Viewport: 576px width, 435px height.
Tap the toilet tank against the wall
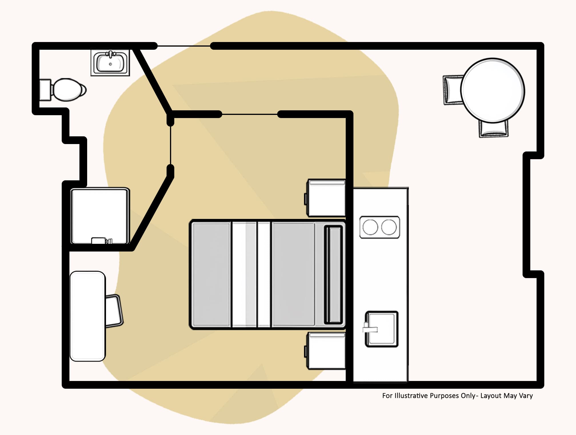click(45, 90)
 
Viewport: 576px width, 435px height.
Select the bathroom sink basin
click(111, 63)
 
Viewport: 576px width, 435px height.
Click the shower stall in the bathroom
click(100, 216)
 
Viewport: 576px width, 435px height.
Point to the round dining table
click(493, 91)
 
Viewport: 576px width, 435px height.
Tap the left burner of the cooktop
click(370, 227)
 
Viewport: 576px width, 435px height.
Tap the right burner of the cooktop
click(389, 227)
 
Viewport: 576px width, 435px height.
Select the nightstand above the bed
click(326, 198)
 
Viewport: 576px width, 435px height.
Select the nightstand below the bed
click(326, 351)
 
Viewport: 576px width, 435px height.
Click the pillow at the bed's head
click(333, 274)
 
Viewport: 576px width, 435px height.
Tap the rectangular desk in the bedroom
click(88, 316)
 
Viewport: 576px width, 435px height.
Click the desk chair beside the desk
click(114, 311)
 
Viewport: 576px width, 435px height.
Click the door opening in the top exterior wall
click(184, 46)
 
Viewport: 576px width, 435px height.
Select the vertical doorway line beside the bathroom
click(171, 145)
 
